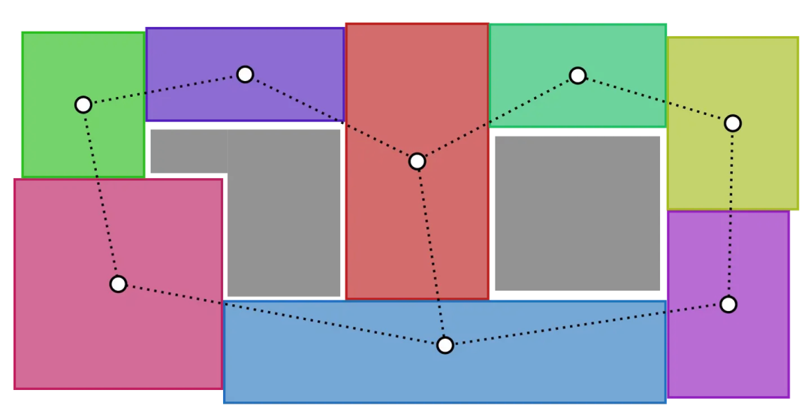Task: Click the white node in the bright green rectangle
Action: (83, 104)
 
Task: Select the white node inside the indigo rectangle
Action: (245, 74)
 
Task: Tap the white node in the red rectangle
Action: (418, 162)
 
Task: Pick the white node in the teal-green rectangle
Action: (577, 75)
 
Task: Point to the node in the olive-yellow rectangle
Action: (733, 123)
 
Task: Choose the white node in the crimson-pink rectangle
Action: (118, 284)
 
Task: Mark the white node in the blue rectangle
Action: (445, 345)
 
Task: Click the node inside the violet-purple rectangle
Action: (728, 304)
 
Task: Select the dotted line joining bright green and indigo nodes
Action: (164, 89)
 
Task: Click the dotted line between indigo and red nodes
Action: (331, 118)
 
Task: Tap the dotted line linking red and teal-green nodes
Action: (497, 119)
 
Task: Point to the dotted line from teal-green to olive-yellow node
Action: (655, 99)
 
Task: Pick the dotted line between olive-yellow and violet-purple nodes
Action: (731, 213)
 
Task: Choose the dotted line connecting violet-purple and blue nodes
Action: (586, 325)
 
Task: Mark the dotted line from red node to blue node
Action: (431, 253)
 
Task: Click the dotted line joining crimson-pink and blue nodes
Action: (282, 315)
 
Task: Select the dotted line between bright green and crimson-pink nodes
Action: (101, 194)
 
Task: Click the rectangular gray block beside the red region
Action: (577, 213)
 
